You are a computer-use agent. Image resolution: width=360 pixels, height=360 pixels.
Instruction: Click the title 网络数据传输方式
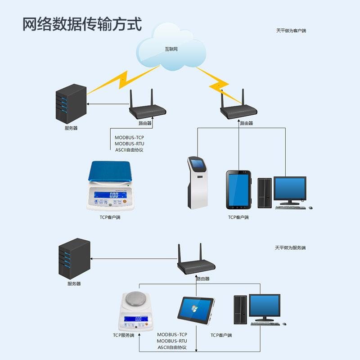[82, 24]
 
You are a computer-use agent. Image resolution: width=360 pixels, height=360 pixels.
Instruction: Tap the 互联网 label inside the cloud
[171, 49]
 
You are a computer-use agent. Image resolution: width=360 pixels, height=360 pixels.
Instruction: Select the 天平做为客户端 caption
[291, 31]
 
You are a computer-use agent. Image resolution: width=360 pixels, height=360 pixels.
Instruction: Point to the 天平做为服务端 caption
[290, 248]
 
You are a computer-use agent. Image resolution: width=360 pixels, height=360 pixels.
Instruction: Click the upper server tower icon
[70, 104]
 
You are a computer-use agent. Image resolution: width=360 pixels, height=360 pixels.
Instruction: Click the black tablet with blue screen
[238, 189]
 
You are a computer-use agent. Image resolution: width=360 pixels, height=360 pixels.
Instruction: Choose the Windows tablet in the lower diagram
[196, 310]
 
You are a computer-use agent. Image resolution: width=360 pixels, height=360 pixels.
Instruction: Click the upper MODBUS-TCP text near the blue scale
[129, 137]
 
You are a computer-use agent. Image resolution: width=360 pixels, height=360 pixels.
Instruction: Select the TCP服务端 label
[123, 335]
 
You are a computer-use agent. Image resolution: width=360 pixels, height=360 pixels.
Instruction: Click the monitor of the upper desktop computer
[290, 189]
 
